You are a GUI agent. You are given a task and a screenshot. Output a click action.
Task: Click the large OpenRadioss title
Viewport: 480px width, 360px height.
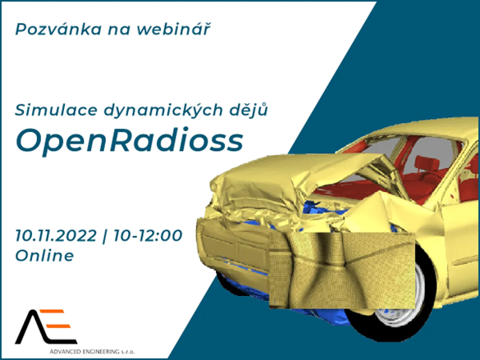point(130,141)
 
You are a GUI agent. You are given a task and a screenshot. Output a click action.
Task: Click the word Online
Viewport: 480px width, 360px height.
point(44,256)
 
